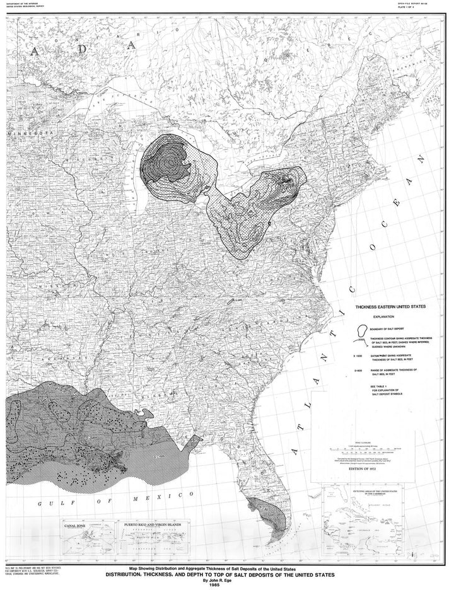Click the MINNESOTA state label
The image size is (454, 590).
[29, 134]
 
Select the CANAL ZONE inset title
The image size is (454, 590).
[71, 524]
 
